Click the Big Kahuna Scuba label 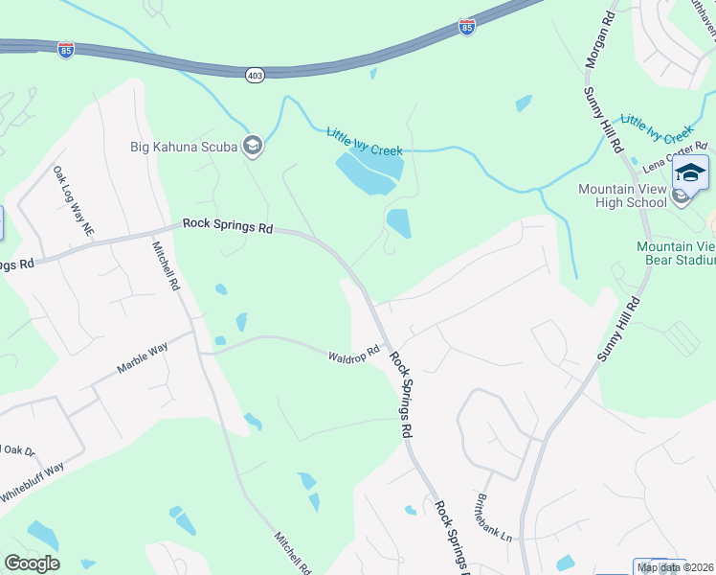coord(185,147)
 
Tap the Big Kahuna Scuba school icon coord(253,146)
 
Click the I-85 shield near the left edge coord(66,50)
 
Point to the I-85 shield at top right coord(466,27)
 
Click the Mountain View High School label coord(622,195)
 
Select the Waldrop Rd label coord(355,354)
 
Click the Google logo coord(32,563)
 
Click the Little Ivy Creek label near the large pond coord(365,142)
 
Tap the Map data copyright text coord(676,566)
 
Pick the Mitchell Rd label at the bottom coord(293,553)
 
